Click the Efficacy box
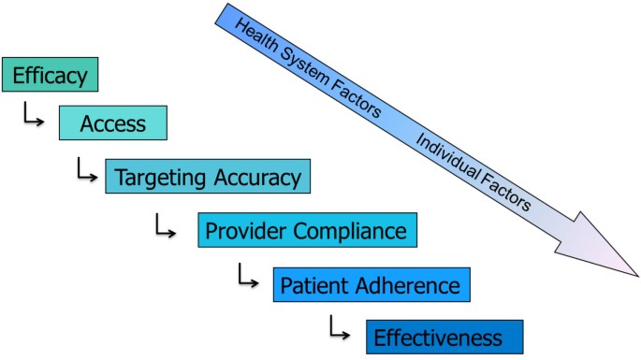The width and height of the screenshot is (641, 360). [50, 75]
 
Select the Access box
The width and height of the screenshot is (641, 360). [112, 122]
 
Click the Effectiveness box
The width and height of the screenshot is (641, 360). [438, 337]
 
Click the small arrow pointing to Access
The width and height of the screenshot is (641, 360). [33, 118]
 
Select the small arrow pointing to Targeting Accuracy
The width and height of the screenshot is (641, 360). [87, 170]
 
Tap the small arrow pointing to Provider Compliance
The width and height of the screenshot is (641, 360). [166, 224]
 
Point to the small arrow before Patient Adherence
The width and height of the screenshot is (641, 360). [247, 276]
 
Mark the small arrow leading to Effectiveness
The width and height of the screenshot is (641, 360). [339, 327]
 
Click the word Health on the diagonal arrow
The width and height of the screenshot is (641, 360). [255, 39]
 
